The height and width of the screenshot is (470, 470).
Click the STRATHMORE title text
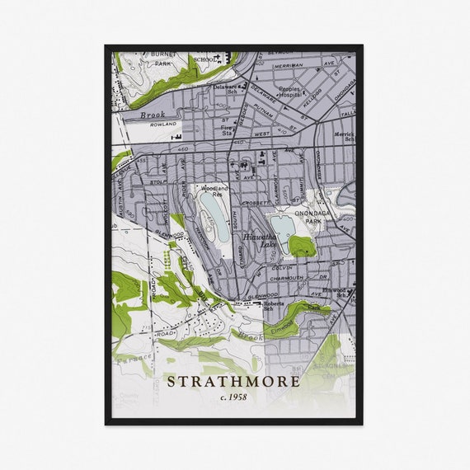(x=233, y=382)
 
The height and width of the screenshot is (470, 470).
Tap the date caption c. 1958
(x=233, y=397)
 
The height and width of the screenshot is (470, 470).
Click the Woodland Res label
(x=214, y=190)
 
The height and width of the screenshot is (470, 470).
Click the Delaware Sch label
(x=226, y=88)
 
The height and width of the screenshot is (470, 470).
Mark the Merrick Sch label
(x=344, y=137)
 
